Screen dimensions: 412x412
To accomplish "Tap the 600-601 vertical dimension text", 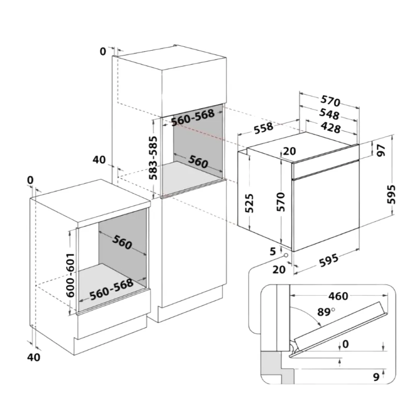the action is tap(70, 275).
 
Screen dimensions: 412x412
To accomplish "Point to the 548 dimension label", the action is tap(330, 114).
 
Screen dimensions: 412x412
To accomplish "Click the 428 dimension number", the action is tap(331, 127).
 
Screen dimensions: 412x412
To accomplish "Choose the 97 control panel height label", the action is tap(381, 150).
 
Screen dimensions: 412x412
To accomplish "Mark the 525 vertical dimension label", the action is tap(249, 203).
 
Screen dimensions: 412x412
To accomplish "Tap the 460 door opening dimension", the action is tap(338, 296).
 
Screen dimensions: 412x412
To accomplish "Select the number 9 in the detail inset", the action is tap(376, 377).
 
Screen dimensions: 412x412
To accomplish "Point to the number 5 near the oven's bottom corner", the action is tap(273, 251).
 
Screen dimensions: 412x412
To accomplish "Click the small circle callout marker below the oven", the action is tap(285, 255).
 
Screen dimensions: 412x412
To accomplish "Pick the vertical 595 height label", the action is tap(391, 194).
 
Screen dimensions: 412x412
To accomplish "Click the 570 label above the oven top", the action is tap(331, 100).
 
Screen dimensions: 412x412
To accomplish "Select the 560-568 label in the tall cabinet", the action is tap(193, 117).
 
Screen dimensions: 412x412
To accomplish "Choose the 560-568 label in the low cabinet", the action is tap(111, 289).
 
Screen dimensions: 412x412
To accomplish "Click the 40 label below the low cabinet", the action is tap(34, 357).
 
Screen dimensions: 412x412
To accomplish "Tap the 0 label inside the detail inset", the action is tap(345, 344).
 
